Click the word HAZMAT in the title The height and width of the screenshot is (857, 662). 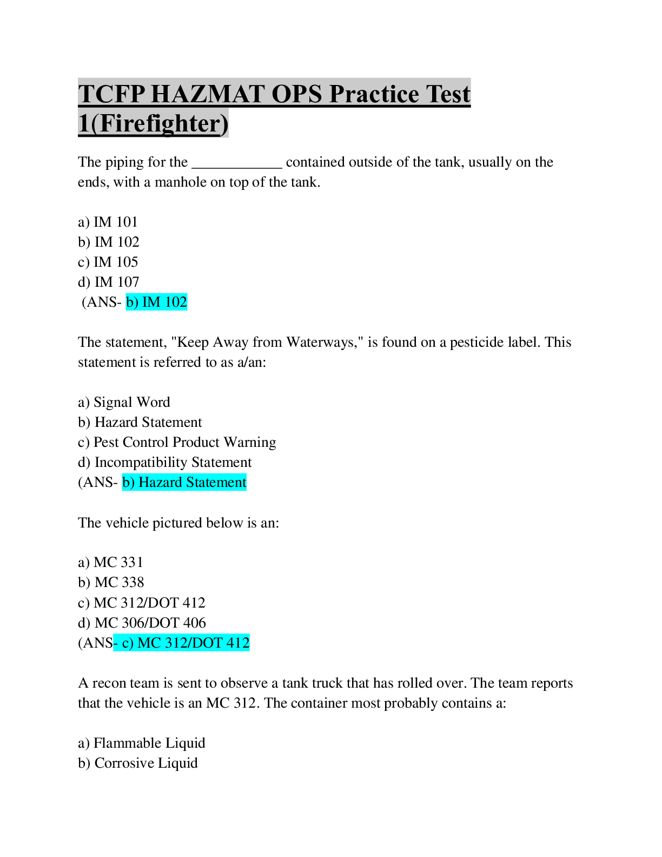click(207, 94)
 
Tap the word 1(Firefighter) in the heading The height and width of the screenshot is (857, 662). click(153, 123)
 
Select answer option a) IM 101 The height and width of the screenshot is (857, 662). click(108, 222)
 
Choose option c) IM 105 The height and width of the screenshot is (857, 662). click(108, 262)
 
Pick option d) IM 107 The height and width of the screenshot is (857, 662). click(108, 282)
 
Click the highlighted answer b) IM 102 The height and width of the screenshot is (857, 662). click(156, 302)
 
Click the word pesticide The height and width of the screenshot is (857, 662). click(476, 342)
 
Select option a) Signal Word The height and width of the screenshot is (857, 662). click(124, 403)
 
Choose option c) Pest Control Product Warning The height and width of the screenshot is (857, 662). click(177, 443)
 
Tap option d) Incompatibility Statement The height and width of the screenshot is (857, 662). click(164, 463)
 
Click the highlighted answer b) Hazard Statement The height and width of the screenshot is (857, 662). click(184, 483)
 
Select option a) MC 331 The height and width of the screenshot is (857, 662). click(110, 562)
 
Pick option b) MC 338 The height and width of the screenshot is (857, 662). click(111, 583)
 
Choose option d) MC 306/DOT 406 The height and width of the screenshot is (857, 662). click(142, 623)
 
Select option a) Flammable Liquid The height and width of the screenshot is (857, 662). click(141, 743)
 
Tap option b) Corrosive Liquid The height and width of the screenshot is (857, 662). click(137, 763)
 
